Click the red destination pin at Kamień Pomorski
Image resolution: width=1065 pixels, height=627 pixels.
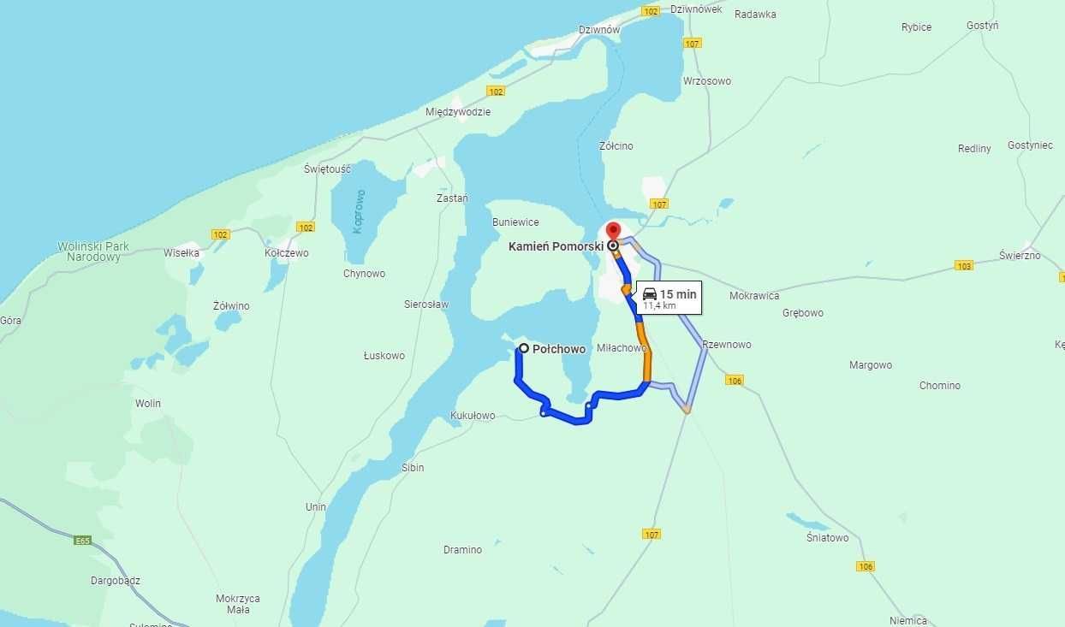(x=612, y=231)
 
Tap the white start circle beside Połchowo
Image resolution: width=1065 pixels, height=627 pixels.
(x=524, y=348)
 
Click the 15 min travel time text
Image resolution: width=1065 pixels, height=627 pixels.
(x=678, y=294)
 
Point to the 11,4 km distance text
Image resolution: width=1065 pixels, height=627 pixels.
(x=659, y=305)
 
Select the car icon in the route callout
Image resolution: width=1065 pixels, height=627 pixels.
(x=650, y=294)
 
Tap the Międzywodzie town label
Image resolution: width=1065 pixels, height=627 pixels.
(x=458, y=112)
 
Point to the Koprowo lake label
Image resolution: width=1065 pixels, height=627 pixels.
(x=360, y=210)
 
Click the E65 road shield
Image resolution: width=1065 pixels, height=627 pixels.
(x=82, y=541)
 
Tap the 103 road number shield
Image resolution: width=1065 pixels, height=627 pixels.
(x=964, y=265)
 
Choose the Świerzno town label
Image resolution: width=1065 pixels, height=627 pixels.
(x=1020, y=256)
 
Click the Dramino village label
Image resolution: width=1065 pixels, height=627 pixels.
(x=462, y=550)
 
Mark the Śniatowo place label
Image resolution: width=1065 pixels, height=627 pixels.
(x=827, y=538)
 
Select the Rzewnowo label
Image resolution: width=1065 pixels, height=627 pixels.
(x=727, y=345)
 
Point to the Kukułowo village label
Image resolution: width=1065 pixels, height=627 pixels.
(x=473, y=416)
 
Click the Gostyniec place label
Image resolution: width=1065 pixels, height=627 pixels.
(x=1030, y=145)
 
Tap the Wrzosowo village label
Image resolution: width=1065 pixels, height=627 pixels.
(x=707, y=81)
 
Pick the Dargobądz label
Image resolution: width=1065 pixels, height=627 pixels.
(x=116, y=581)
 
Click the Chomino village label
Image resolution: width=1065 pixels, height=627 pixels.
(x=940, y=386)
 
